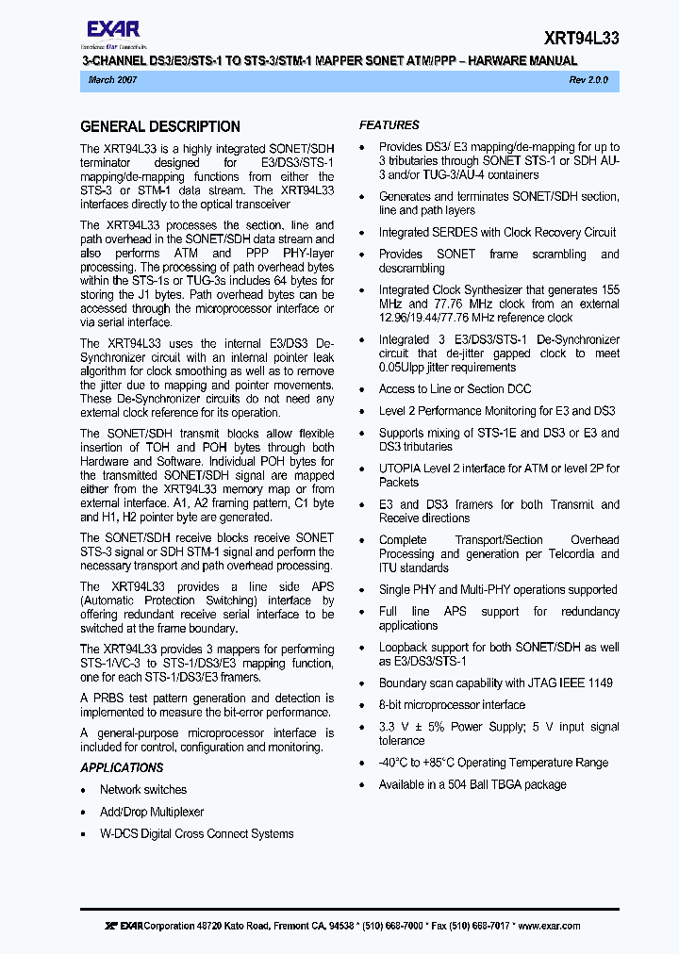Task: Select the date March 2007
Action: tap(112, 81)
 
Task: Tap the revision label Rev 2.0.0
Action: tap(588, 81)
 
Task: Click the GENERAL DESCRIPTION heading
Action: tap(160, 126)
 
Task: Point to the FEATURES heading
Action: tap(389, 124)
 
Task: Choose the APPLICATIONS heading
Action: tap(122, 767)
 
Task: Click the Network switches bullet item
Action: tap(143, 790)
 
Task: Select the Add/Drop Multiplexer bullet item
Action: tap(152, 812)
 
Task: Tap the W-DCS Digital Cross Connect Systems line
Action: tap(196, 833)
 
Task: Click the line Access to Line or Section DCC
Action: tap(455, 388)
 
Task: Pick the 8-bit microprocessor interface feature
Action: tap(452, 705)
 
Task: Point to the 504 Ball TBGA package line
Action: tap(472, 784)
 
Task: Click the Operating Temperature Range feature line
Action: tap(493, 763)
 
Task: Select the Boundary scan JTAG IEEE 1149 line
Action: tap(495, 683)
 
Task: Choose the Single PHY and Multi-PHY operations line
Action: tap(498, 590)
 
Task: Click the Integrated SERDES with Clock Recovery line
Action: tap(497, 232)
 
